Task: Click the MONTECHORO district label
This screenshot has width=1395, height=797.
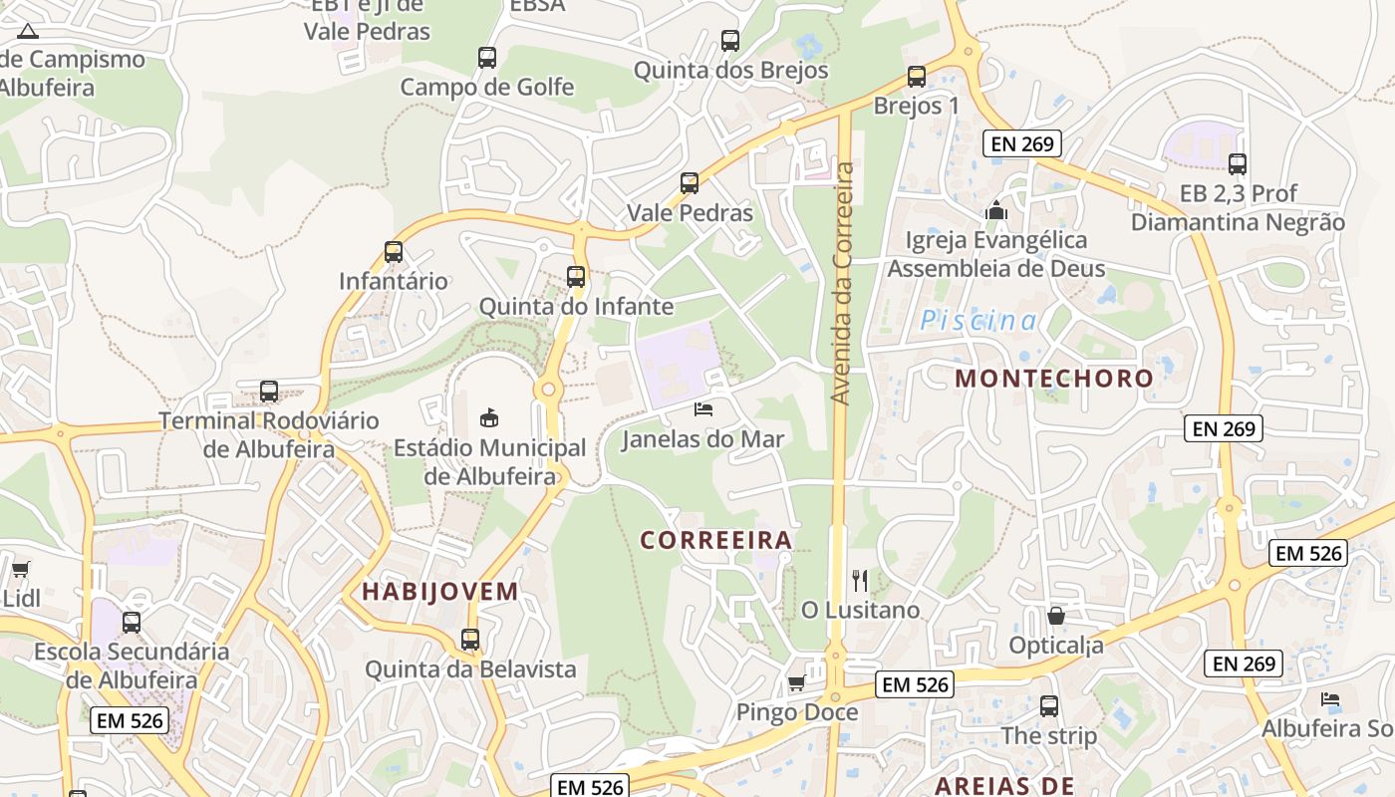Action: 1054,379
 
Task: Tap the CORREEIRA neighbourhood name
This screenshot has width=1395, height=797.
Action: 716,540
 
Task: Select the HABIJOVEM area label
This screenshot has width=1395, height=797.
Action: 440,591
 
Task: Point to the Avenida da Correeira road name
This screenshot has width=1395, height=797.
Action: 843,284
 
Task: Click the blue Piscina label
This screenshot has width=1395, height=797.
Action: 978,321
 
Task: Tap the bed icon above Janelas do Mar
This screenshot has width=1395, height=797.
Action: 703,409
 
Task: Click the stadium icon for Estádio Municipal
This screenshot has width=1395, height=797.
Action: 489,417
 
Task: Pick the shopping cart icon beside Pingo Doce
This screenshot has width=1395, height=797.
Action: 796,683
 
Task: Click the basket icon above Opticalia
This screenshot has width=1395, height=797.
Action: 1056,616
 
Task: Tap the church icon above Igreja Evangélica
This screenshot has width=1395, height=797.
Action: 995,210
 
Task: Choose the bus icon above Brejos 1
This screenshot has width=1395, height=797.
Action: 917,76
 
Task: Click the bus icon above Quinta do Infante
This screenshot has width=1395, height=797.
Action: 576,276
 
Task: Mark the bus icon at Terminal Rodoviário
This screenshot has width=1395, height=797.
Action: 268,391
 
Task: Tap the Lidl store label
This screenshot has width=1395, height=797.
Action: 21,599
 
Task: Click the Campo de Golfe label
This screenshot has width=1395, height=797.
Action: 487,87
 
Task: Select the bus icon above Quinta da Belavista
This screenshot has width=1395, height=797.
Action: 470,639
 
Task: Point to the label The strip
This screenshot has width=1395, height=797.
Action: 1048,735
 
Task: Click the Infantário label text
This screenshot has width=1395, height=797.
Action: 394,281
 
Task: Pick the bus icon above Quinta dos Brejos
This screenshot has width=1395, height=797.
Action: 730,41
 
